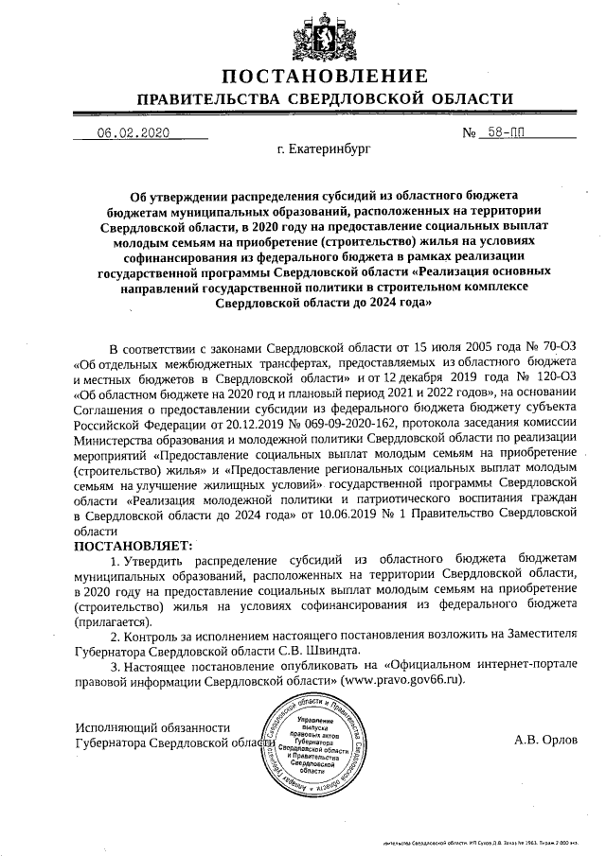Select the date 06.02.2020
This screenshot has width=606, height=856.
(x=133, y=133)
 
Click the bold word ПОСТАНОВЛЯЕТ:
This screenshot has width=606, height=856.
(x=133, y=546)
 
